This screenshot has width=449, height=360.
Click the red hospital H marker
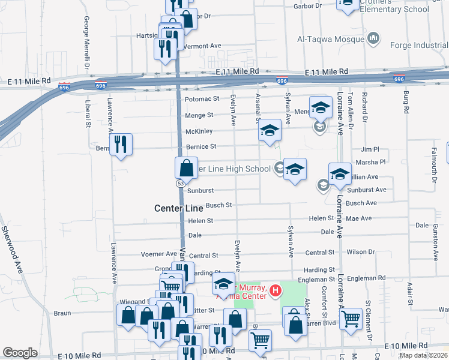point(276,291)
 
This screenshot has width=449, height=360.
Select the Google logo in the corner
point(20,352)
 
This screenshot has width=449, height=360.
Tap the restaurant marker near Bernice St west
point(121,145)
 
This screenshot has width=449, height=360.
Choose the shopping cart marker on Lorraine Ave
point(351,319)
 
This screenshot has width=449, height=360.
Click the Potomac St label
point(202,99)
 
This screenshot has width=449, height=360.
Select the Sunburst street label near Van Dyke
point(200,191)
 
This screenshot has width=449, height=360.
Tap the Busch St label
point(218,205)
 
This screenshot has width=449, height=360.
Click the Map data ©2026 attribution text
point(423,355)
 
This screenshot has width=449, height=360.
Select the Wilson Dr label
point(360,252)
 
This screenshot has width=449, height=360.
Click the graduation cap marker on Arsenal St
point(270,130)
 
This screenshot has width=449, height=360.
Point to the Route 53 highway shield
point(180,182)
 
